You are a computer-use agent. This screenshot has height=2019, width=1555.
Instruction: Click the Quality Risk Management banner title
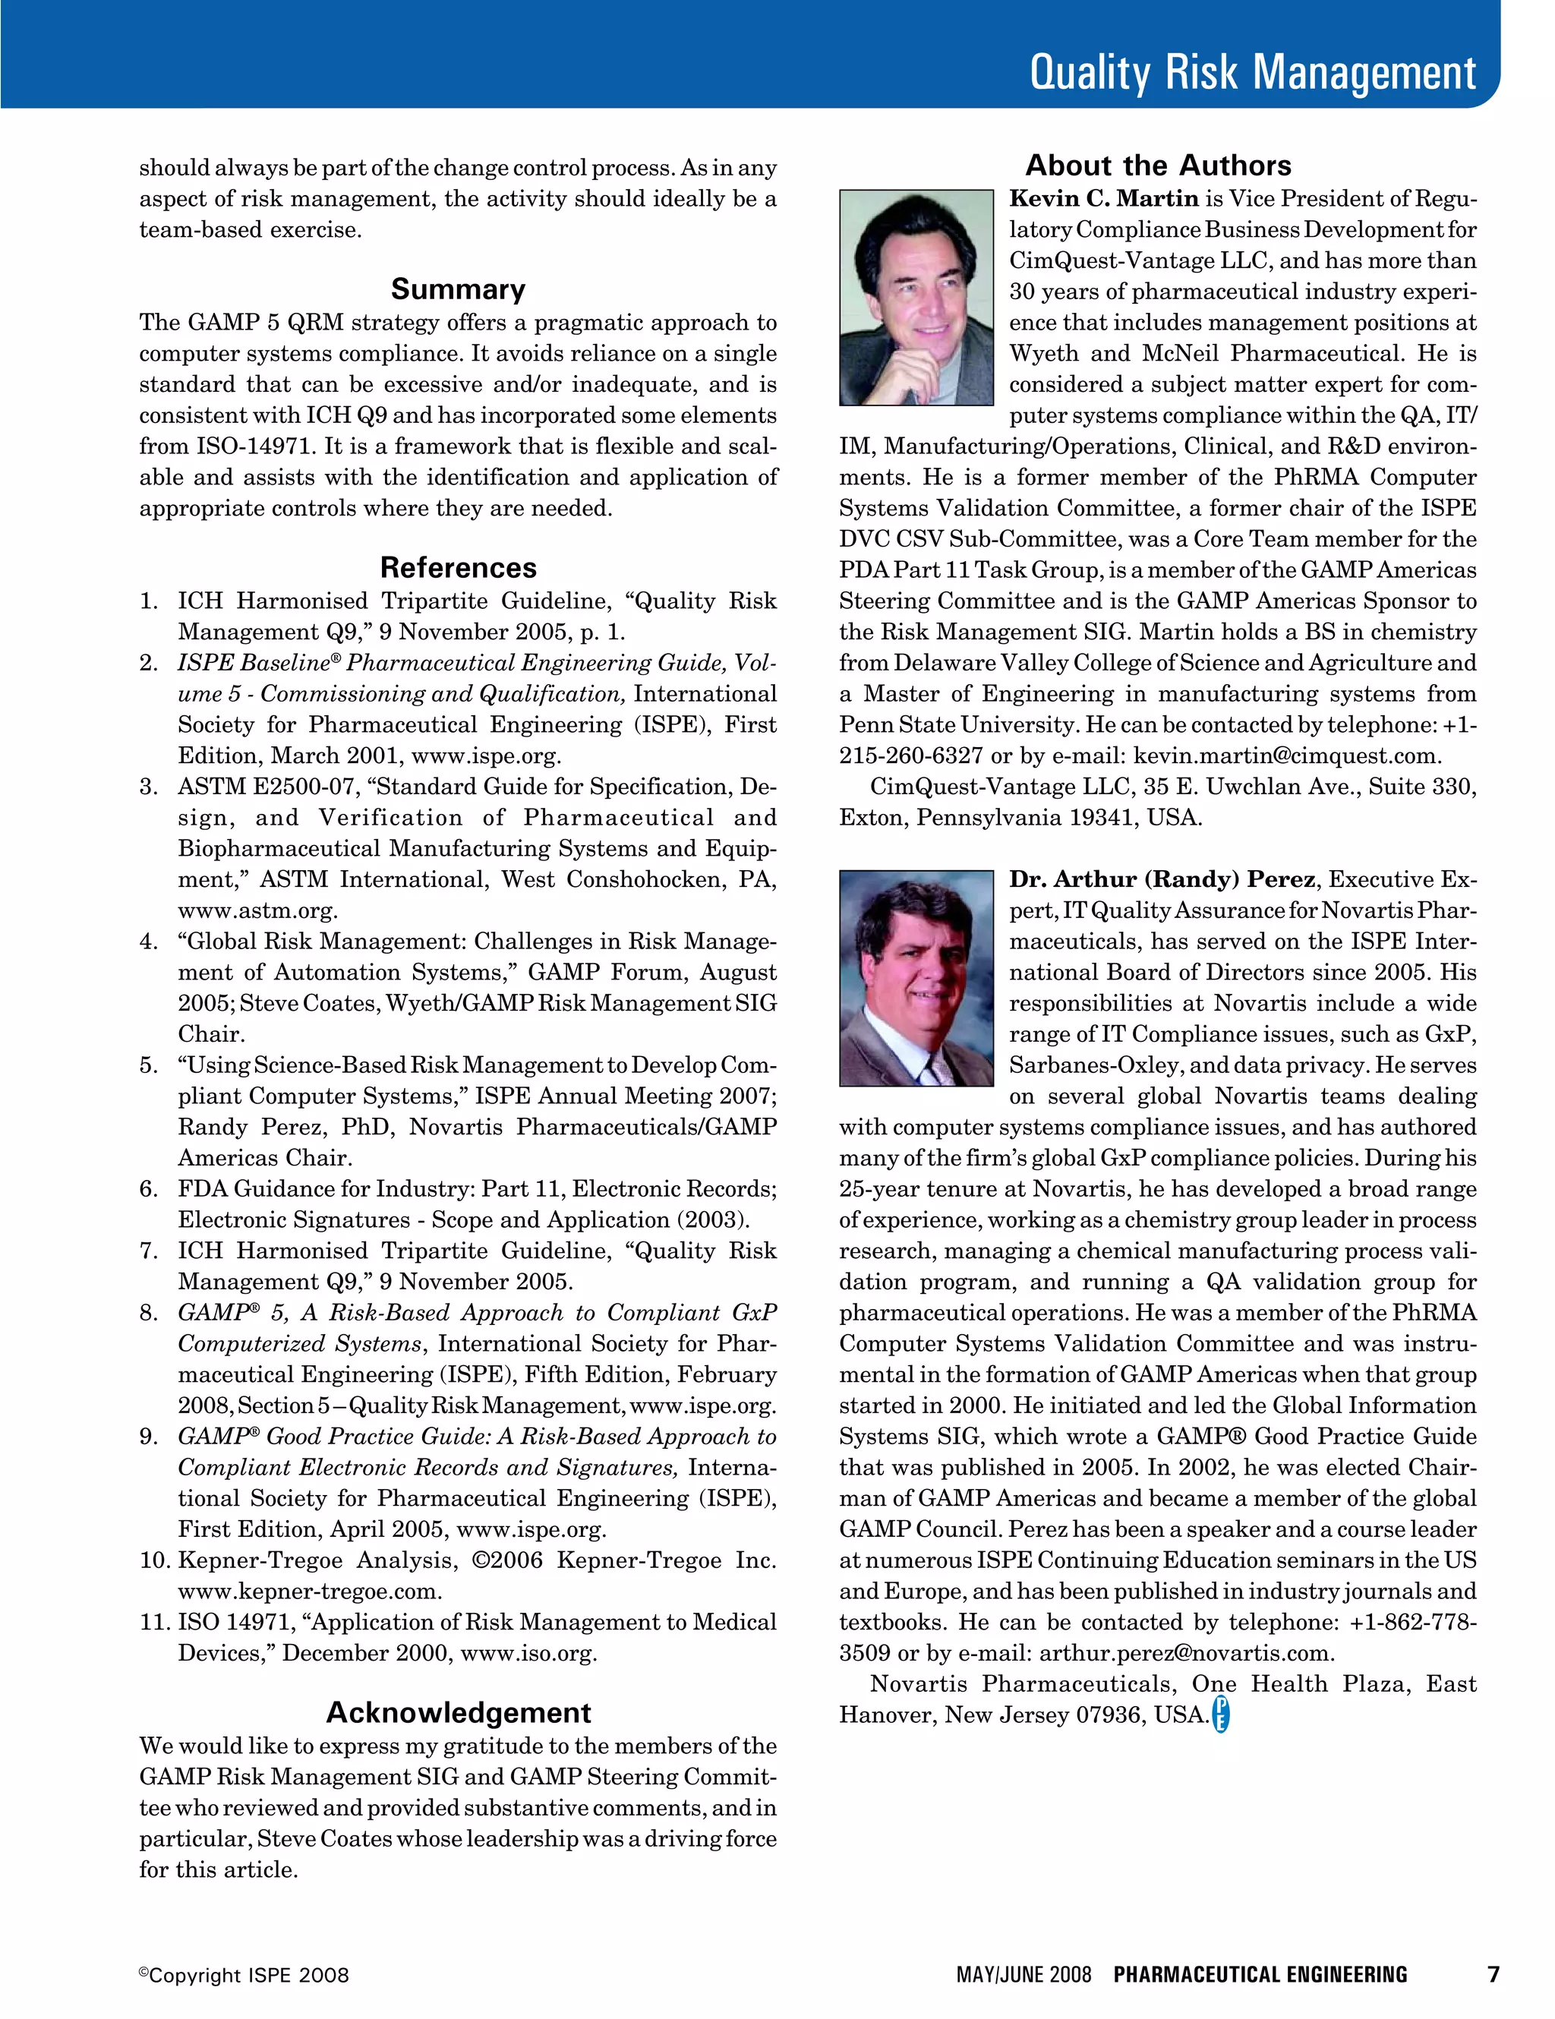click(x=1252, y=72)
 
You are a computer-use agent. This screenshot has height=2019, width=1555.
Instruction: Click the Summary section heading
click(x=458, y=289)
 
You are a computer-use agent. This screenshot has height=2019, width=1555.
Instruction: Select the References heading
click(x=458, y=568)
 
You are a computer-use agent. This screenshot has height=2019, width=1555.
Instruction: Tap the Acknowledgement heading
click(x=458, y=1712)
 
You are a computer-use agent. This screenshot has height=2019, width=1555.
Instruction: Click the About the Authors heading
click(x=1157, y=166)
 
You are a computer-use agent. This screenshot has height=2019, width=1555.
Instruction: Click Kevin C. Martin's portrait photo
click(x=915, y=298)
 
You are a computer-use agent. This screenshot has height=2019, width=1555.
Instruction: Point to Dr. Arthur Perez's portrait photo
click(x=915, y=978)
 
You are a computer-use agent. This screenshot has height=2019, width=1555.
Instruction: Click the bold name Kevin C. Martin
click(x=1103, y=199)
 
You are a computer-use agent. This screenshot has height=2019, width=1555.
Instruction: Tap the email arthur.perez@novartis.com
click(x=1185, y=1653)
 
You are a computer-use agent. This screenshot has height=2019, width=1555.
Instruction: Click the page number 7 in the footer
click(x=1492, y=1975)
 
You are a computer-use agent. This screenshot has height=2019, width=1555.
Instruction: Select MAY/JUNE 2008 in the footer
click(x=1024, y=1976)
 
